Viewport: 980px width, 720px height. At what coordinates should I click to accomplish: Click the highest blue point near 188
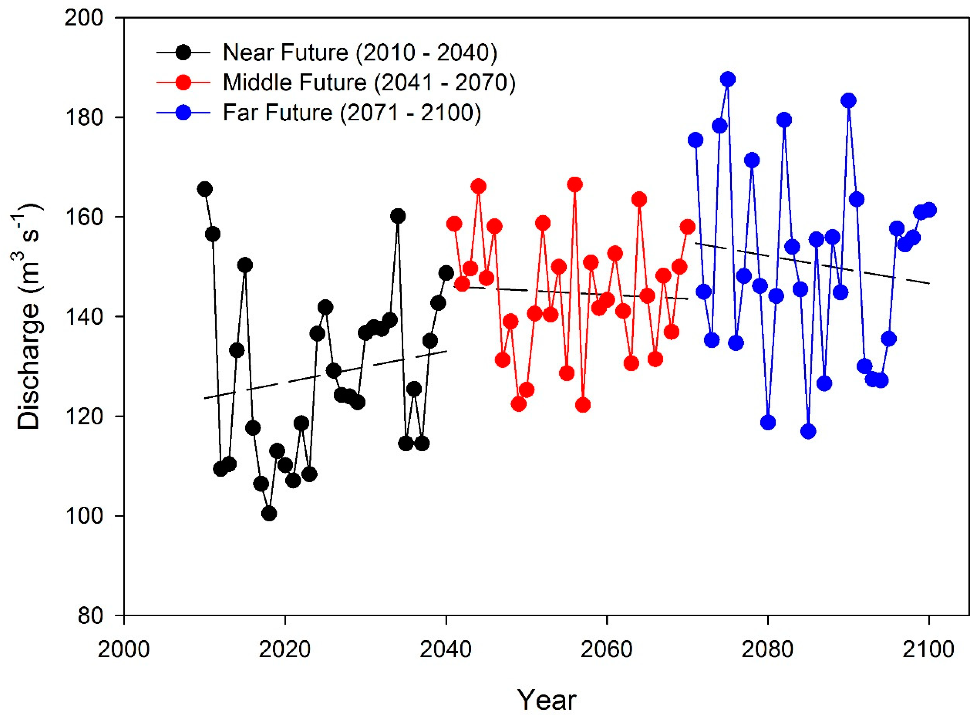(x=727, y=79)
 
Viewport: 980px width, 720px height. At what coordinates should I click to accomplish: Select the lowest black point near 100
(x=269, y=514)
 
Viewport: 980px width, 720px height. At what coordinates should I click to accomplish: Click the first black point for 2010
(x=204, y=189)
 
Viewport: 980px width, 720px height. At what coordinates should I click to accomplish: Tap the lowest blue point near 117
(x=808, y=431)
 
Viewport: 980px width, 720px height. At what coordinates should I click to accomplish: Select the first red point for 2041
(x=454, y=224)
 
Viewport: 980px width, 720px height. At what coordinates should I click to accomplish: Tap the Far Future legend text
(x=352, y=113)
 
